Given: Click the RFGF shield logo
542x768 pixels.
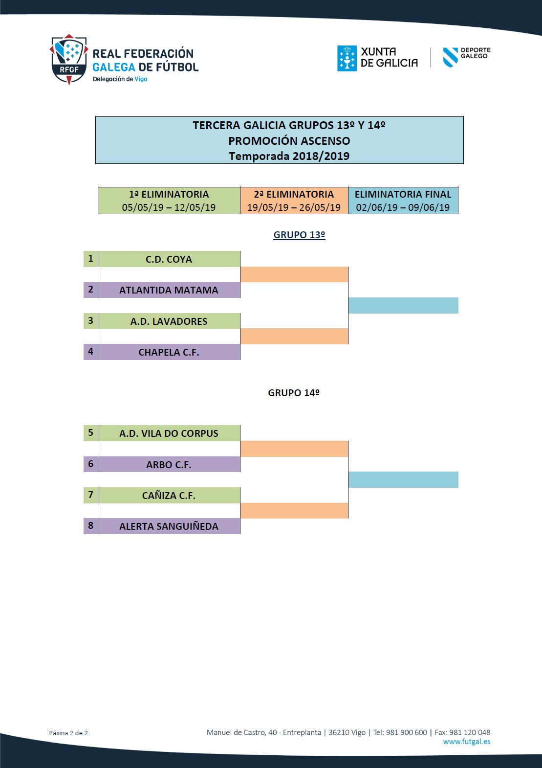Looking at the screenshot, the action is pos(69,60).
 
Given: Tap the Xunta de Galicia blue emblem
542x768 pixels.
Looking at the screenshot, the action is pos(347,58).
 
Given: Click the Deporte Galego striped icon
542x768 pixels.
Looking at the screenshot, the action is pos(450,57).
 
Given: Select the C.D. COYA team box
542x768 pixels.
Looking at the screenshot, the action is pos(169,259).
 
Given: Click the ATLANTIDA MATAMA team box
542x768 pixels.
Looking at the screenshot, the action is pos(169,290).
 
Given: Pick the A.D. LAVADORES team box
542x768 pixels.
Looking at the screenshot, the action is pos(169,321).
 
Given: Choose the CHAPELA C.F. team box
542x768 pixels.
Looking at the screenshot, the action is pos(169,352).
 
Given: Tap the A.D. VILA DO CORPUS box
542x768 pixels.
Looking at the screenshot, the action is pos(169,433).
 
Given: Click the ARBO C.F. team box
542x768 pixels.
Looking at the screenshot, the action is pos(169,465).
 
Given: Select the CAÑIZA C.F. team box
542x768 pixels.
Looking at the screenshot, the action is pos(169,496).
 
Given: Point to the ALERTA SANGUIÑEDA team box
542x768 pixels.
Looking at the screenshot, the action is pos(169,526).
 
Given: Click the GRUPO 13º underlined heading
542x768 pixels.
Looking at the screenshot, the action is pos(299,235).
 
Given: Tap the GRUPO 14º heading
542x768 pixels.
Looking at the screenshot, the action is pos(294,393).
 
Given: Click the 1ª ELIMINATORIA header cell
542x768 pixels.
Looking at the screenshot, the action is pos(169,201).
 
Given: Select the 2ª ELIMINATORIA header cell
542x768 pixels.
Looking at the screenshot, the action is pos(294,201).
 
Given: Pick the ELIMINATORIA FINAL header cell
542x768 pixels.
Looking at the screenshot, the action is pos(403,201).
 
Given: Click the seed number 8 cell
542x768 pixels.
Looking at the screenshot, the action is pos(91,526).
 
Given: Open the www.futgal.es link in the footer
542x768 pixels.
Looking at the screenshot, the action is pos(467,742).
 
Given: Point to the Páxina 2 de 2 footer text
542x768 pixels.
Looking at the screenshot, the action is pos(68,733).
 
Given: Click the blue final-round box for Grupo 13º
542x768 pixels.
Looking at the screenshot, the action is pos(403,305).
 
